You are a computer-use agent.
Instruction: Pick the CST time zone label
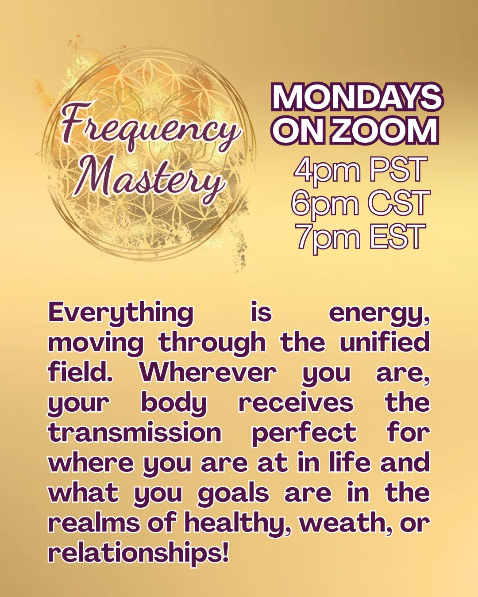(x=399, y=203)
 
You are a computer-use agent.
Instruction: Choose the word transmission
(x=135, y=433)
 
